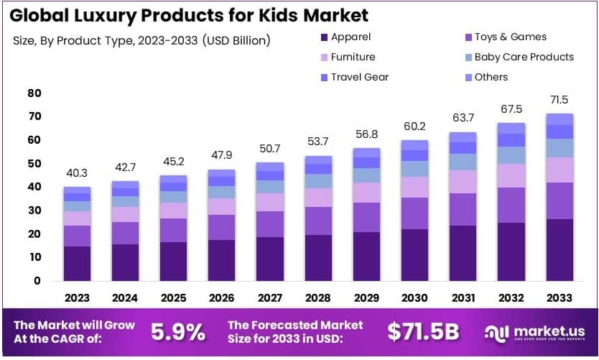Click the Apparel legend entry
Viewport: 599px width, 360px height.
click(350, 37)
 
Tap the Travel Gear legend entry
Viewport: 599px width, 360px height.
click(359, 77)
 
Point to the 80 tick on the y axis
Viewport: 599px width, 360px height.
click(34, 93)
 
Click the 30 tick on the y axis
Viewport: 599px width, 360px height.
click(34, 211)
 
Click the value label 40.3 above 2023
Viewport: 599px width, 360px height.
click(77, 173)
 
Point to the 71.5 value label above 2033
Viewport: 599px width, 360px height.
click(560, 98)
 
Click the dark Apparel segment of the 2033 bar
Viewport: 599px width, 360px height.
click(560, 249)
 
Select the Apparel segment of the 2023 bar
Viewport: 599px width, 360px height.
click(77, 263)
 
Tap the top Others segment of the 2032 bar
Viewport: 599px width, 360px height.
click(512, 128)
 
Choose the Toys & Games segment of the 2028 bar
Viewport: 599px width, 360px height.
click(319, 221)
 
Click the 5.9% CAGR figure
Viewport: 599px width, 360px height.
click(178, 331)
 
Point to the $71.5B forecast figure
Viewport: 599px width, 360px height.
click(424, 331)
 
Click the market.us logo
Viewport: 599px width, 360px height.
click(536, 332)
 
